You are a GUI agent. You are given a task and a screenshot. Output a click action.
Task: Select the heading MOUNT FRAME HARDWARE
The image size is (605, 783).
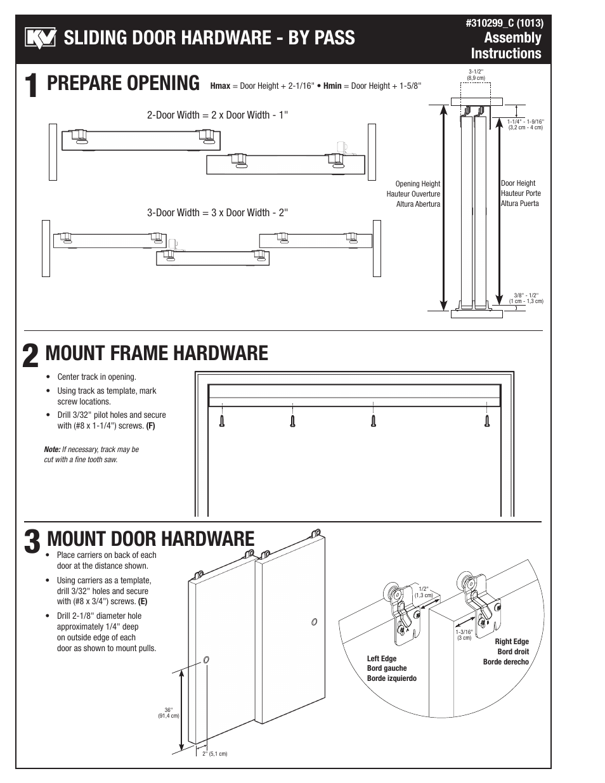click(157, 353)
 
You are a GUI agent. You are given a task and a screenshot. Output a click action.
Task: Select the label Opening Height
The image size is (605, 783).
click(417, 184)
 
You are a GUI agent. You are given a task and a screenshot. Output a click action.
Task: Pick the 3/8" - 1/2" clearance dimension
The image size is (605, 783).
click(526, 298)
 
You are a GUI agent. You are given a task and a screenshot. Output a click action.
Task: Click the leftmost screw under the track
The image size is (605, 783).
click(221, 420)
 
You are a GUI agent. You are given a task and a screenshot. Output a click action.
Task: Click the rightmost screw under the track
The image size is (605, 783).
click(487, 420)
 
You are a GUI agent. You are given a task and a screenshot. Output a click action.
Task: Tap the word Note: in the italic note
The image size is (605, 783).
click(52, 450)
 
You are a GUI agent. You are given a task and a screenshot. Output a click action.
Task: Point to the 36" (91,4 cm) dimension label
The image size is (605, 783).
click(169, 713)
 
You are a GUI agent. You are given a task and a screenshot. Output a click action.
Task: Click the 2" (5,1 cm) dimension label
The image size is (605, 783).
click(214, 754)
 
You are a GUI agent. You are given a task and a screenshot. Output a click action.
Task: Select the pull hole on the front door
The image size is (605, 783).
click(205, 660)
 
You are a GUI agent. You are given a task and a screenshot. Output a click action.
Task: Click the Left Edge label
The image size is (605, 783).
click(382, 659)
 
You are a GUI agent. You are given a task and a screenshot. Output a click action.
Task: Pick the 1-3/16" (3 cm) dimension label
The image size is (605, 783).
click(464, 634)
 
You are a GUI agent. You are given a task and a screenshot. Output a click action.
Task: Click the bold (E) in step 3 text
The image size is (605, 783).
click(143, 602)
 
